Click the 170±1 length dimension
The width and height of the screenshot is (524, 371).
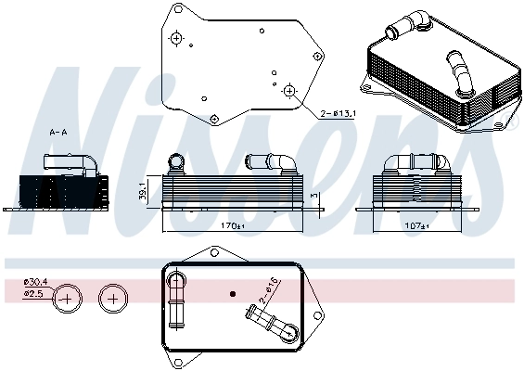tap(233, 226)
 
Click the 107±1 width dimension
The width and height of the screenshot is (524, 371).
tap(416, 226)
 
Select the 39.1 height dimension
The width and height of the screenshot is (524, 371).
tap(143, 191)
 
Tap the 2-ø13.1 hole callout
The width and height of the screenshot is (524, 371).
tap(338, 114)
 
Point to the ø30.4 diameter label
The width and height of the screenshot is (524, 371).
tap(35, 282)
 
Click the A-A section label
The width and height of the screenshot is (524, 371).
tap(58, 133)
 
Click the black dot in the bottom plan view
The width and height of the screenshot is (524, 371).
tap(233, 294)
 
